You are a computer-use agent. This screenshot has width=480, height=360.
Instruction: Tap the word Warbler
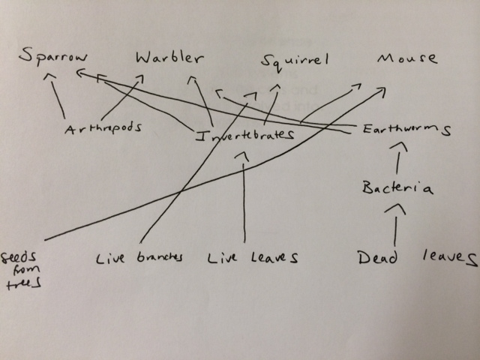pos(169,58)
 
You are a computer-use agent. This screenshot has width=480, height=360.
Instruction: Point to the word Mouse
pos(406,58)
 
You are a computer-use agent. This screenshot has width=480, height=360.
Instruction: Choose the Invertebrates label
pos(244,136)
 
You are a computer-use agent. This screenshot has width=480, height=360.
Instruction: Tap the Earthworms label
pos(405,129)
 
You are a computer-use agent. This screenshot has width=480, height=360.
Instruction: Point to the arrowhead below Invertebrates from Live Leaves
pos(242,154)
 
